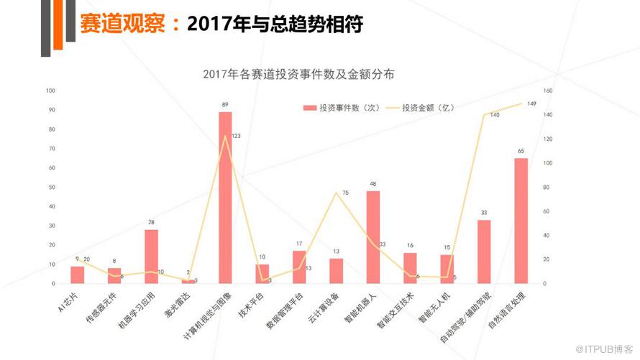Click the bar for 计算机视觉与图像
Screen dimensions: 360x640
click(225, 198)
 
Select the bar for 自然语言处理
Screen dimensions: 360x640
click(521, 221)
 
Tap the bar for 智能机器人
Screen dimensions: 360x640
click(372, 237)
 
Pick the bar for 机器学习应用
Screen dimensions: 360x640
click(151, 257)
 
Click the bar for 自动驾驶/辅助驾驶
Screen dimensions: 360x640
click(484, 251)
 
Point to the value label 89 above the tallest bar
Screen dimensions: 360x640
click(225, 105)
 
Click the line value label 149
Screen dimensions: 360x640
click(531, 103)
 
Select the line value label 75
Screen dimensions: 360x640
click(345, 193)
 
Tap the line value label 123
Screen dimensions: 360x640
click(236, 135)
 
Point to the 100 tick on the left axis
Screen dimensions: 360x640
click(50, 91)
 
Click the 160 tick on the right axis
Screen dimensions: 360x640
click(547, 91)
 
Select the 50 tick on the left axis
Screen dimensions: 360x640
click(50, 187)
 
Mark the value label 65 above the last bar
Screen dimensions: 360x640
click(521, 151)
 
